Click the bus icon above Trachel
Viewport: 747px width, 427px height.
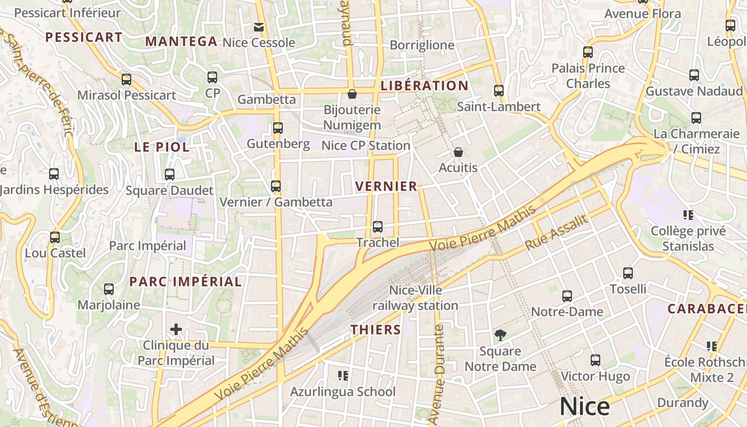point(378,227)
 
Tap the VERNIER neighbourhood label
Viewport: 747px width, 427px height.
point(386,186)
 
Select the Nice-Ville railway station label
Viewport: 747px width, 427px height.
point(415,298)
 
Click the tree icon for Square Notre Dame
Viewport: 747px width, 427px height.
point(500,335)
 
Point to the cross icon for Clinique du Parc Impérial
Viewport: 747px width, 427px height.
point(176,329)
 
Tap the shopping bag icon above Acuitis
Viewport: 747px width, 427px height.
point(458,152)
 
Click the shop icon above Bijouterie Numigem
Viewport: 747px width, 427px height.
point(352,94)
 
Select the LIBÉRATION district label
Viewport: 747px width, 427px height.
point(424,85)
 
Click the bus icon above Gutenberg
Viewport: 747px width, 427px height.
point(278,128)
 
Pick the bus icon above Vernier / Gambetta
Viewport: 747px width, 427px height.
point(276,186)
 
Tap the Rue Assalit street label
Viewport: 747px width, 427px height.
point(556,233)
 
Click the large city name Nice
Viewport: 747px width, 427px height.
point(584,407)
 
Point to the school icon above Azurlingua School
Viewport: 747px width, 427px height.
point(343,376)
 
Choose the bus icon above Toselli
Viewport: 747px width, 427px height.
point(628,273)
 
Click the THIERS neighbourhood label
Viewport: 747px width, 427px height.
point(376,330)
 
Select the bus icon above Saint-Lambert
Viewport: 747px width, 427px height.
point(499,91)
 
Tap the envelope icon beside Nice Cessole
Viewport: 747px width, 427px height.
point(259,27)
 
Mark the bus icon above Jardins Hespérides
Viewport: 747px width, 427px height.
point(54,174)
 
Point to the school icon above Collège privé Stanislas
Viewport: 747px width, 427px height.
point(688,215)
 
